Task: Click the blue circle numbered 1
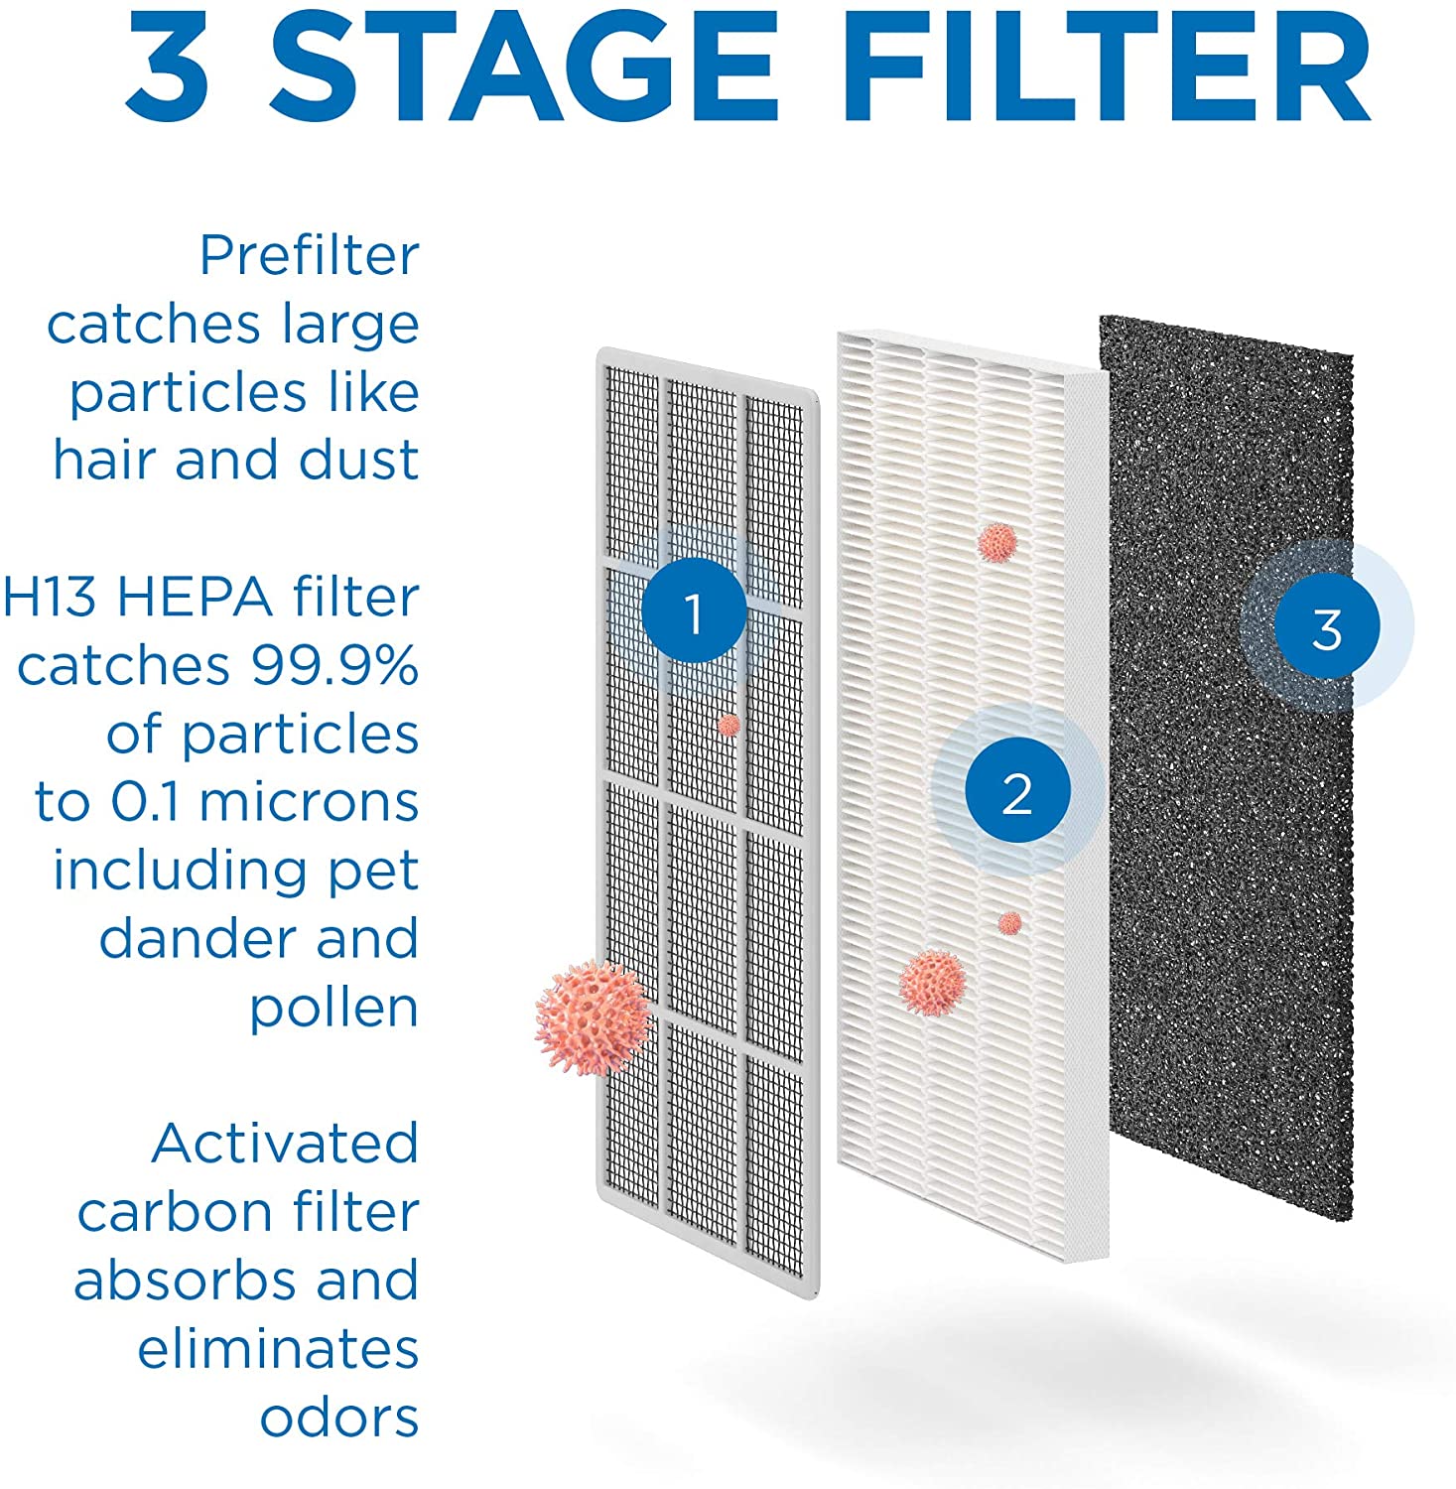point(693,611)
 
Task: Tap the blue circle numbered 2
point(1017,793)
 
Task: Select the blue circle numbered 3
point(1327,627)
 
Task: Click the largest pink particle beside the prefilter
point(593,1017)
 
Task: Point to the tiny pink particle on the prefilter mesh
point(729,725)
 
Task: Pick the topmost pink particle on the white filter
point(997,542)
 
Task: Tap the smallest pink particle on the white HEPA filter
point(1009,923)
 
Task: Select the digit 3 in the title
point(167,65)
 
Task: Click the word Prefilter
point(309,256)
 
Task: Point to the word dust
point(358,461)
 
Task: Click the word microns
point(309,802)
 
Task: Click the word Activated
point(285,1144)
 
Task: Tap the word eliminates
point(278,1349)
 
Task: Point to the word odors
point(338,1418)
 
